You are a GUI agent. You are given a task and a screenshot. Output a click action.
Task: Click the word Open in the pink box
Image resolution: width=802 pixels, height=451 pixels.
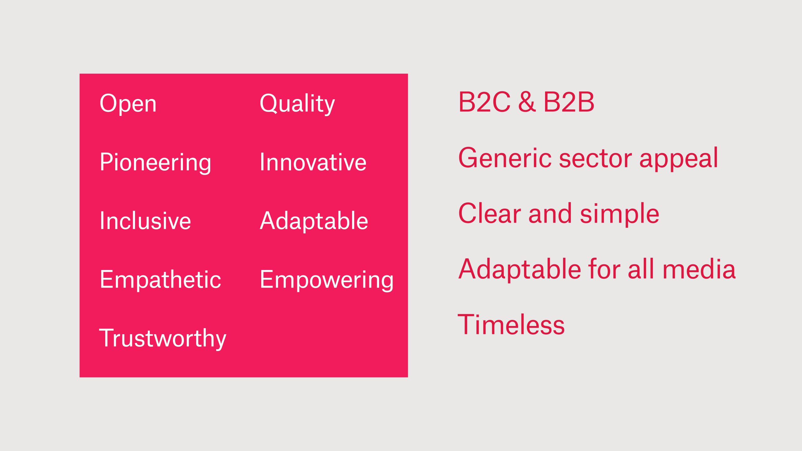(128, 104)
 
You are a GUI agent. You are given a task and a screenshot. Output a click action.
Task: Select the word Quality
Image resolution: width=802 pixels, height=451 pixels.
(297, 104)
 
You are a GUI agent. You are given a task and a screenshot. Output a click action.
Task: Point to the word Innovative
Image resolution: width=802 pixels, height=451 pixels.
(313, 162)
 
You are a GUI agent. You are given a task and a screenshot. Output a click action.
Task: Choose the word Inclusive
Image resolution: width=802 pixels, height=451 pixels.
(145, 220)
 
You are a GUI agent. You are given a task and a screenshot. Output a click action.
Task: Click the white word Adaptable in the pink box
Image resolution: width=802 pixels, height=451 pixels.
(314, 220)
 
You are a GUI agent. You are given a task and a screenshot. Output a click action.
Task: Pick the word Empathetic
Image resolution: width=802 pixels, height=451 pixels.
(160, 279)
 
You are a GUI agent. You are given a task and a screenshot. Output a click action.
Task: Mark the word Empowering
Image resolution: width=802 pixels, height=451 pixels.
(327, 280)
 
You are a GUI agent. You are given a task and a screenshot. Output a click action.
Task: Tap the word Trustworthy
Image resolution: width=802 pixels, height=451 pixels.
(163, 339)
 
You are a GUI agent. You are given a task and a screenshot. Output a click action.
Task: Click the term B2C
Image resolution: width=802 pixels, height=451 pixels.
(484, 102)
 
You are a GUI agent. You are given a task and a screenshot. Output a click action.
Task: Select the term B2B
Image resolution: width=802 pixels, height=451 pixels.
(569, 102)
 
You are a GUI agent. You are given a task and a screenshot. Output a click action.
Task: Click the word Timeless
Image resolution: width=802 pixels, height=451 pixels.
(511, 325)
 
